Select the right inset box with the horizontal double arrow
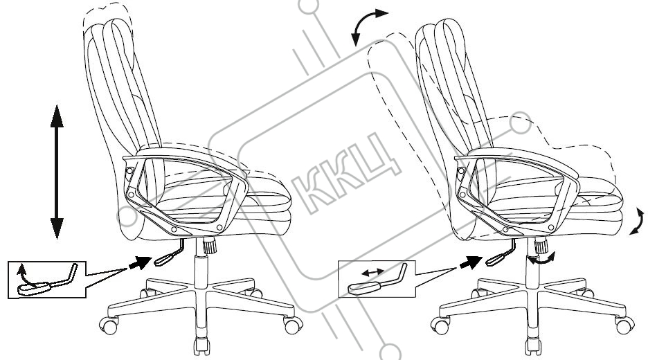coord(375,279)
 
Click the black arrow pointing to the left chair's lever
coord(139,262)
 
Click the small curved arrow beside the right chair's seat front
coord(638,223)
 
